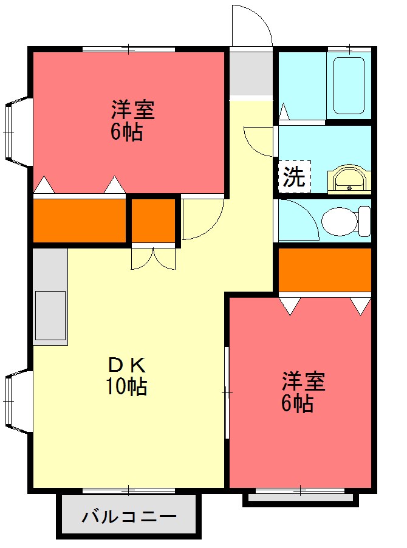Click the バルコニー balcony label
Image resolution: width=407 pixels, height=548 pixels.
129,517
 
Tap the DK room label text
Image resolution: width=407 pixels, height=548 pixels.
127,365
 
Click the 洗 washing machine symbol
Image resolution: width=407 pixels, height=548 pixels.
294,176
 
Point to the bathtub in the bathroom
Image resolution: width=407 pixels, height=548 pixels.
349,85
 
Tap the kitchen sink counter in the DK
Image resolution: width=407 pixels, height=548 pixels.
50,316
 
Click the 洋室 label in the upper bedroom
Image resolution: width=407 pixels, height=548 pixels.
132,110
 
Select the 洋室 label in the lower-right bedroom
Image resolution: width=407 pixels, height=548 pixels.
303,382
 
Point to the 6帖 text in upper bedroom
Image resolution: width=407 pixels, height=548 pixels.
127,132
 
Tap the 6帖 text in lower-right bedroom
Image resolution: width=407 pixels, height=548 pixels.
297,403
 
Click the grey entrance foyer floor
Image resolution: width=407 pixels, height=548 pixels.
251,74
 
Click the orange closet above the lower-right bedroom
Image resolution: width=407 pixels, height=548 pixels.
324,269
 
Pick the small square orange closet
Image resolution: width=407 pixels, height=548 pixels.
153,219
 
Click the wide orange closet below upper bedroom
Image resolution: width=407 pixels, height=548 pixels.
79,219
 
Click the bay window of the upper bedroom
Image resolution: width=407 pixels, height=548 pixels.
16,131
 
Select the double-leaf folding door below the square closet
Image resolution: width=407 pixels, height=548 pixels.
153,257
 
